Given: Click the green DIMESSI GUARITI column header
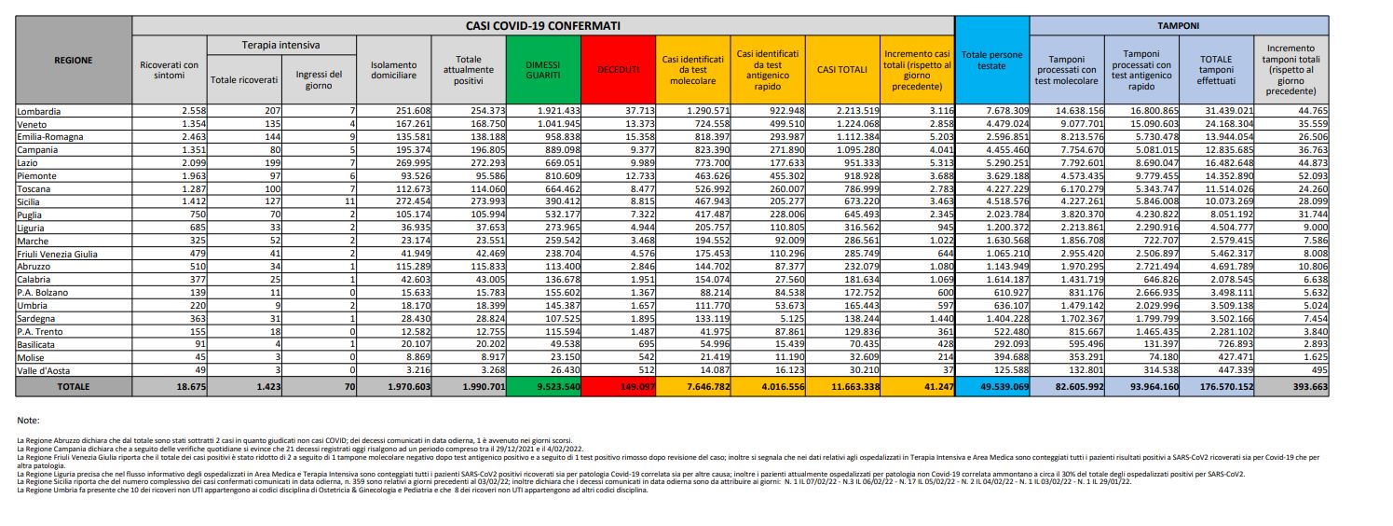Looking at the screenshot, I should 542,69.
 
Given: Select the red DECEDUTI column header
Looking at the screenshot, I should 618,69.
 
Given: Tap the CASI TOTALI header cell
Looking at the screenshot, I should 842,69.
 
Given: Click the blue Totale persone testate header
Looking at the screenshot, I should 991,61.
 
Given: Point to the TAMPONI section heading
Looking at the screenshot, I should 1178,27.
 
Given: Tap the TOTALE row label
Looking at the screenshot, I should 74,384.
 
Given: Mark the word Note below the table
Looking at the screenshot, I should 29,420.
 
